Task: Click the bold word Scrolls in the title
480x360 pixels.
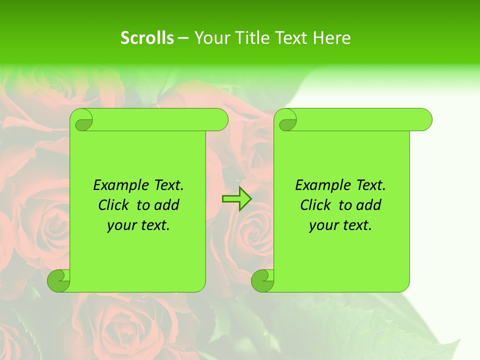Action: pyautogui.click(x=147, y=38)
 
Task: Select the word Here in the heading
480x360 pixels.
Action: pyautogui.click(x=331, y=38)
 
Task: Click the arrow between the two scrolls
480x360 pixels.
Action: pyautogui.click(x=236, y=199)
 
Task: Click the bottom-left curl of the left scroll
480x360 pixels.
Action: pyautogui.click(x=59, y=280)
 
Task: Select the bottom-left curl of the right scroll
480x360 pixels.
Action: pyautogui.click(x=263, y=280)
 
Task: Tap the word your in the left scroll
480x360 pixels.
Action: pyautogui.click(x=120, y=225)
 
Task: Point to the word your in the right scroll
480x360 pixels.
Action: pyautogui.click(x=322, y=225)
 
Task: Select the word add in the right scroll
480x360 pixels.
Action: pyautogui.click(x=369, y=205)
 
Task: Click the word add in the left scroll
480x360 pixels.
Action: pyautogui.click(x=167, y=205)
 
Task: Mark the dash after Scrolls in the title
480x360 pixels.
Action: pyautogui.click(x=183, y=38)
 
